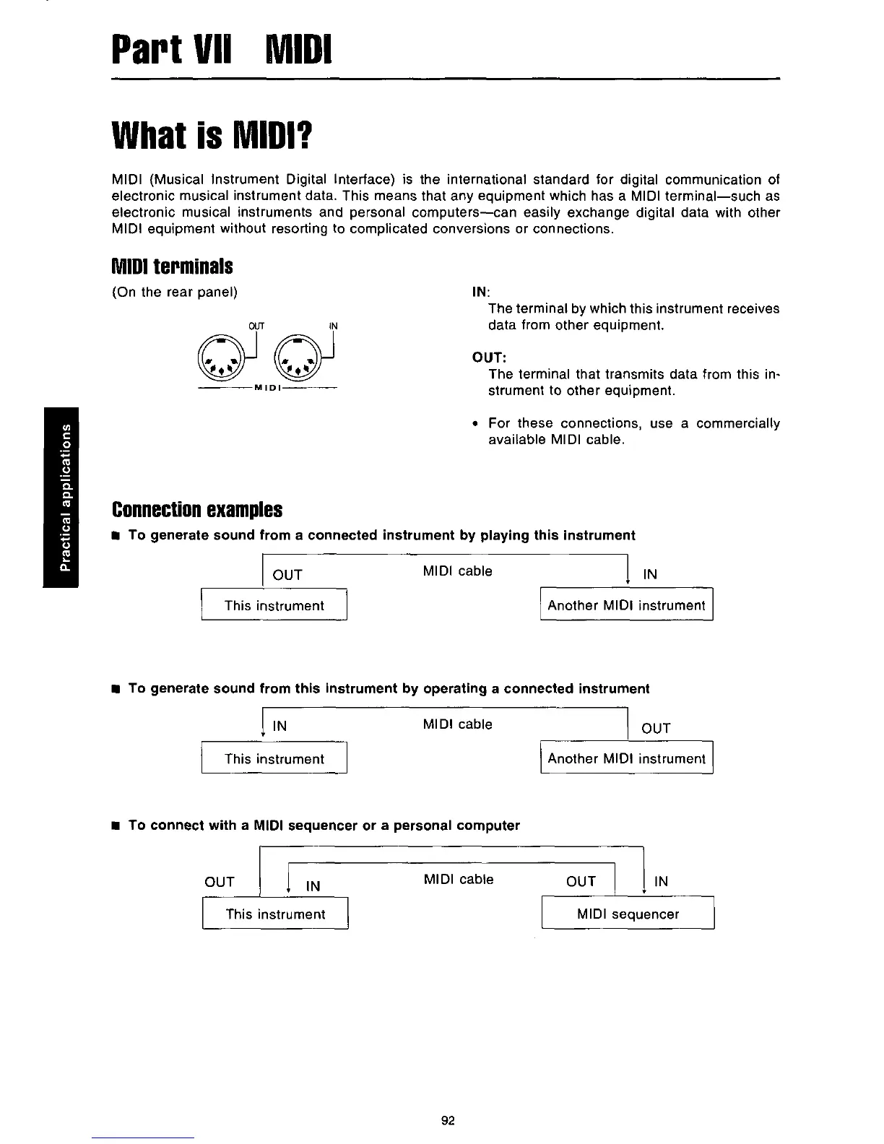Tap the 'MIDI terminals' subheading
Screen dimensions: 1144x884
172,266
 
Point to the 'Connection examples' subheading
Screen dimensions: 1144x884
196,510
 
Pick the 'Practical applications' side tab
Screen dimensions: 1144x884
65,498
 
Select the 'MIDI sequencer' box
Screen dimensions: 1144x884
628,914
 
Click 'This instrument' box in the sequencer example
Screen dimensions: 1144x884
275,914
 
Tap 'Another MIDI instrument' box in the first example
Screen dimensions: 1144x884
626,605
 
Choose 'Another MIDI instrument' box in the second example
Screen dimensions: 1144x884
626,758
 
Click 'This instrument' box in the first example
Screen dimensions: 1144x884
274,605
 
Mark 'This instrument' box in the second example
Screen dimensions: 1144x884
274,758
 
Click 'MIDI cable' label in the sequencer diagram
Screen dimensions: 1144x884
458,879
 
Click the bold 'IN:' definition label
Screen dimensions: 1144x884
480,292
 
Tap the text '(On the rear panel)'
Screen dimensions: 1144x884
175,292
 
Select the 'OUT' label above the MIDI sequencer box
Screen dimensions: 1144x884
581,881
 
